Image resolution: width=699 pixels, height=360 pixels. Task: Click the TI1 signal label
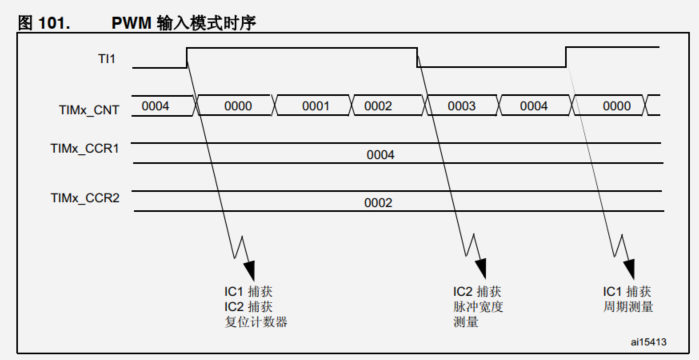103,59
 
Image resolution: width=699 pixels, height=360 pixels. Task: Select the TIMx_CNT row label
90,111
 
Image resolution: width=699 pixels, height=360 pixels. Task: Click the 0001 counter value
315,105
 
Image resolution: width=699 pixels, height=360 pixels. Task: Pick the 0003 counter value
461,105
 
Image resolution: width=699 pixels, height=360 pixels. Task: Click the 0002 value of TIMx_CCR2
379,203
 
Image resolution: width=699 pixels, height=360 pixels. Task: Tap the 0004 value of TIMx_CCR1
380,155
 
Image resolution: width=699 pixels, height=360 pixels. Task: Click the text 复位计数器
257,322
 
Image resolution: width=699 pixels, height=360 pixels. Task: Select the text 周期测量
628,307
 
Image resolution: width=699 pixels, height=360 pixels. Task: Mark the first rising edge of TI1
187,57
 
